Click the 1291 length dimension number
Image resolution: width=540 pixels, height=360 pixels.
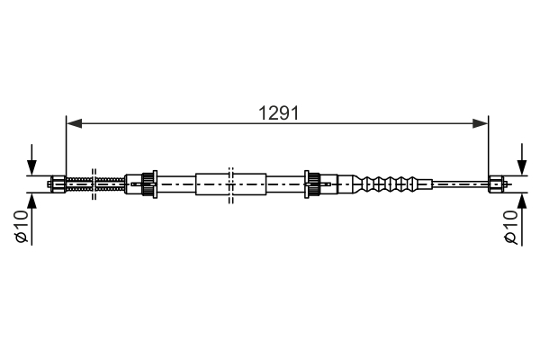[278, 113]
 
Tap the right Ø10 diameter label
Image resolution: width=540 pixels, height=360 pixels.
[510, 227]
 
